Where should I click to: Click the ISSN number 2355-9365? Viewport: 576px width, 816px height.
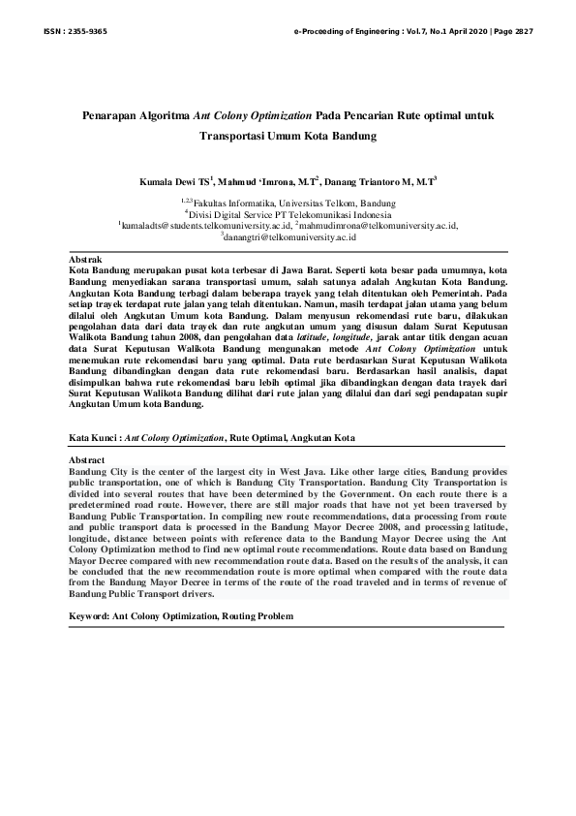[x=88, y=31]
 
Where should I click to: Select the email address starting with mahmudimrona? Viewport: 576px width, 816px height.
[x=377, y=225]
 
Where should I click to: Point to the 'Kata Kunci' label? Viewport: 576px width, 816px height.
[x=94, y=438]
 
